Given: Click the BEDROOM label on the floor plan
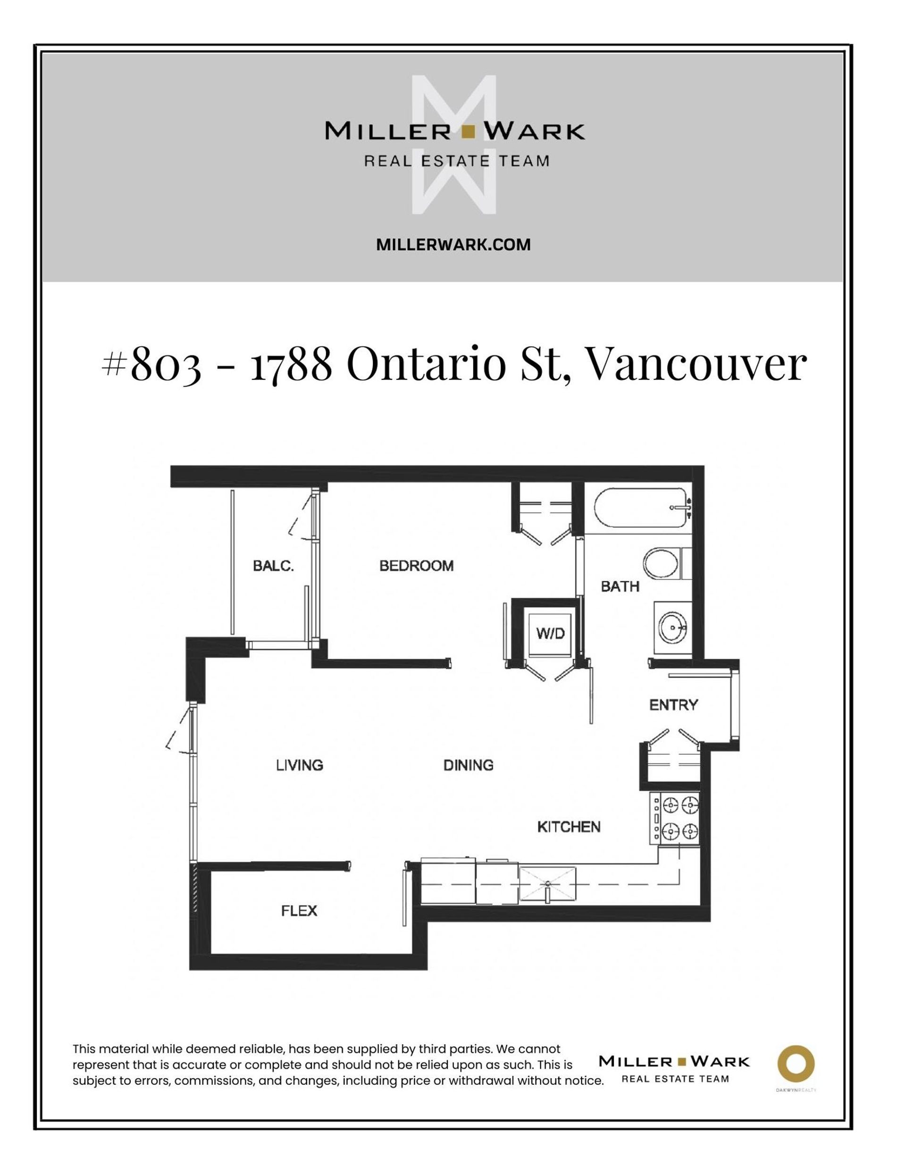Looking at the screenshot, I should (x=416, y=566).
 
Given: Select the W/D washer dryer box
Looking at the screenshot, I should (x=551, y=633).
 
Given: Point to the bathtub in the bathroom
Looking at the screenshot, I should (x=639, y=508).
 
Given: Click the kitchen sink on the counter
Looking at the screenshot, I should (x=547, y=883).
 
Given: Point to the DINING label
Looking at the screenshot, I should (x=468, y=765).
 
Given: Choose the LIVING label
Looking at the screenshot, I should (x=300, y=765).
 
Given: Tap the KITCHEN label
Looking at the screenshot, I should (x=569, y=827).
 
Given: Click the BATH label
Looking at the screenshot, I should (x=620, y=586).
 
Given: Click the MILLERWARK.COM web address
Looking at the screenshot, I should (x=453, y=245).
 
